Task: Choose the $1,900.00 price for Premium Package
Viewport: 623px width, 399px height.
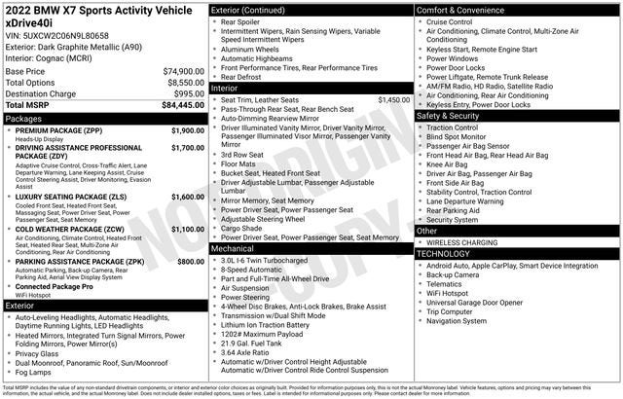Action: click(187, 130)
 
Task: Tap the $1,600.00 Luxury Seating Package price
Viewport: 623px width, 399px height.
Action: click(187, 197)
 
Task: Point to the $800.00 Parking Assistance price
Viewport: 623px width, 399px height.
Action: click(191, 262)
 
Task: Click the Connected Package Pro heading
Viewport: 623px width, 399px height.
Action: click(55, 287)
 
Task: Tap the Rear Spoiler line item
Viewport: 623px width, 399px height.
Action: click(242, 21)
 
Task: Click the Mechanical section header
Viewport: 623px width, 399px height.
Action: click(233, 248)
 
